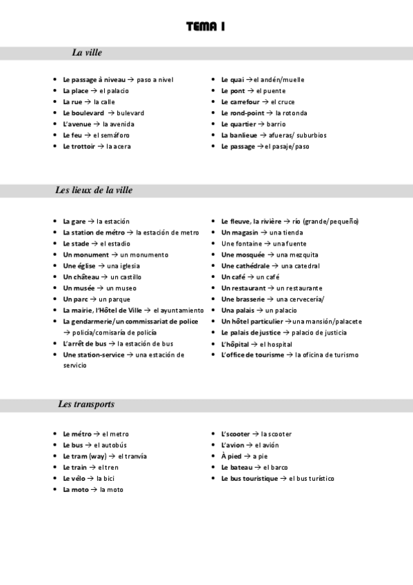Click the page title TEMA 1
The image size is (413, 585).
[206, 27]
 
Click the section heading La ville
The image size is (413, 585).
[88, 52]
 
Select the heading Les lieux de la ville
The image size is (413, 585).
[94, 190]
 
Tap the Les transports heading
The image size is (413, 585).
[86, 404]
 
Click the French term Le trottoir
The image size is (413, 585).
[79, 146]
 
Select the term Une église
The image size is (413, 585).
[78, 266]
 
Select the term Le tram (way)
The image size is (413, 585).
[85, 456]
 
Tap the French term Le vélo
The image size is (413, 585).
[74, 478]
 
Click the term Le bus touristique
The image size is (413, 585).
[250, 478]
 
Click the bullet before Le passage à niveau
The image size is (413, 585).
[55, 80]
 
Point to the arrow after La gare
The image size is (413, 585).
[91, 221]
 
